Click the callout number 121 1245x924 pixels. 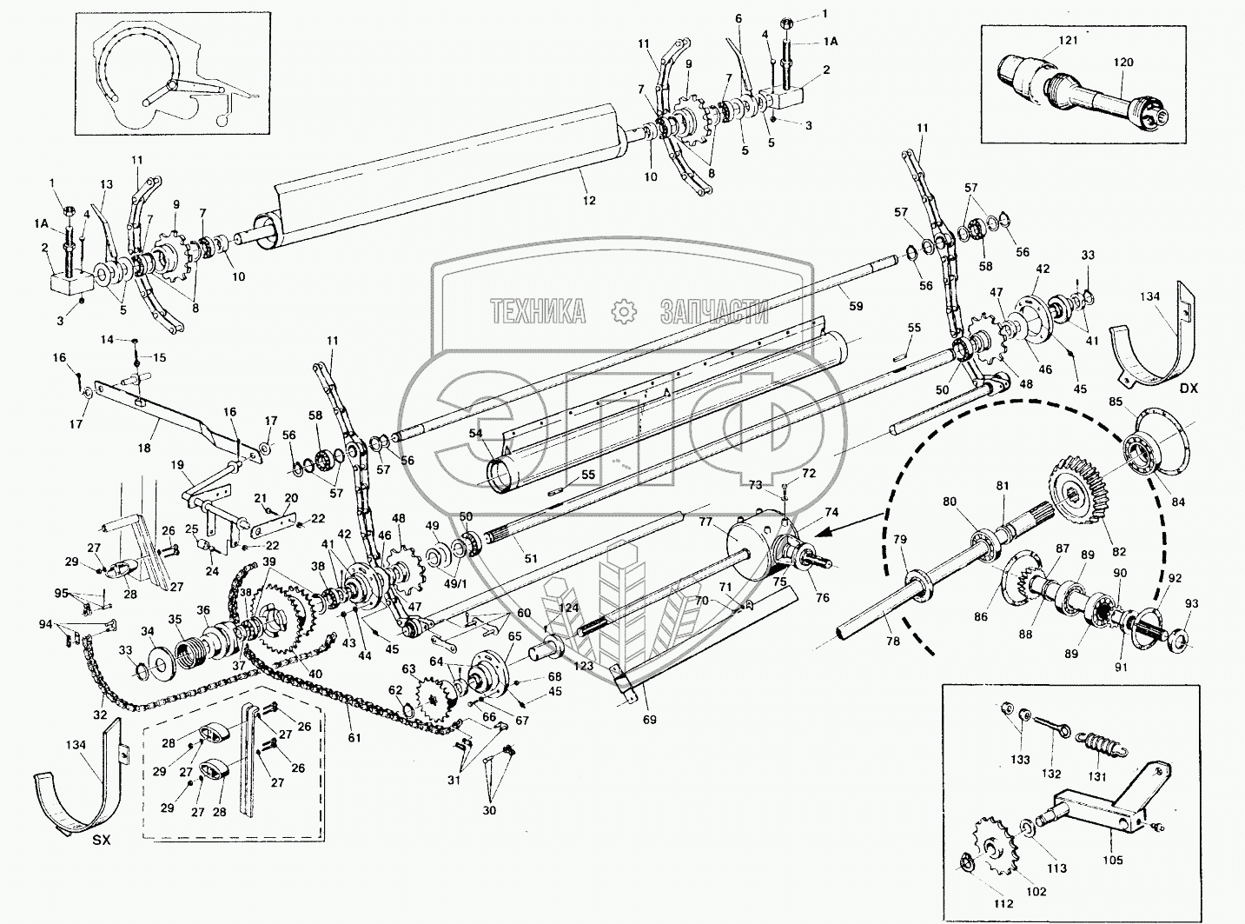pyautogui.click(x=1043, y=41)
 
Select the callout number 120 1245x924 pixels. pyautogui.click(x=1123, y=63)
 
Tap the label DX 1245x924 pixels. pyautogui.click(x=1189, y=389)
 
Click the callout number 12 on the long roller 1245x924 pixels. pyautogui.click(x=589, y=201)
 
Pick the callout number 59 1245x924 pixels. pyautogui.click(x=856, y=306)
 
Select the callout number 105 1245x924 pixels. pyautogui.click(x=1113, y=860)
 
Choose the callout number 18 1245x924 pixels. pyautogui.click(x=144, y=448)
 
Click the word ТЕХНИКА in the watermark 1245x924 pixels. pyautogui.click(x=537, y=311)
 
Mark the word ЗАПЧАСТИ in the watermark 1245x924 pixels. pyautogui.click(x=714, y=311)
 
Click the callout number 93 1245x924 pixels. pyautogui.click(x=1191, y=603)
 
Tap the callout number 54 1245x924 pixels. pyautogui.click(x=475, y=433)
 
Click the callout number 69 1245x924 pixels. pyautogui.click(x=650, y=719)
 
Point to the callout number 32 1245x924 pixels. pyautogui.click(x=101, y=715)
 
